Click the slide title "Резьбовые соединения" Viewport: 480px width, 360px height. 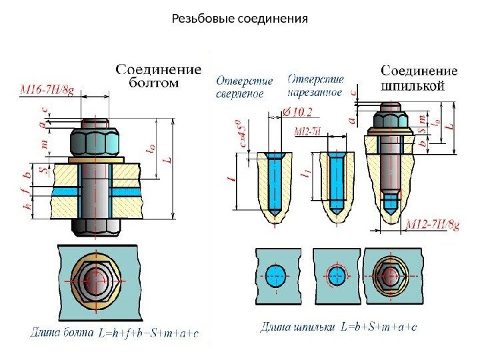[239, 18]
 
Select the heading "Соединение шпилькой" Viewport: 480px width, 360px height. [419, 77]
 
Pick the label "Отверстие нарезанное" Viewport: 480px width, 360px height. [316, 85]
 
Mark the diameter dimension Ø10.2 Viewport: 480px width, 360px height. [297, 111]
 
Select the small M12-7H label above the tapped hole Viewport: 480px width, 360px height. [307, 132]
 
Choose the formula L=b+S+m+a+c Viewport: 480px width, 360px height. [379, 327]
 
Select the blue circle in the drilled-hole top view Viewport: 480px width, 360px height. [275, 275]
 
